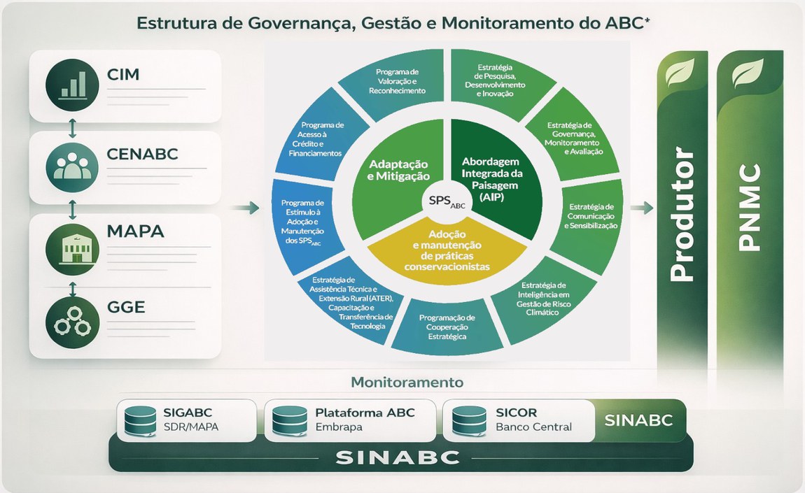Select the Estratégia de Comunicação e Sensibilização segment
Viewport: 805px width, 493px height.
591,216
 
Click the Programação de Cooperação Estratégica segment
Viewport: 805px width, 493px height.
447,327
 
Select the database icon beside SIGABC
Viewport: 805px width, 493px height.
139,420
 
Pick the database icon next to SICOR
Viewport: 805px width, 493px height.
468,420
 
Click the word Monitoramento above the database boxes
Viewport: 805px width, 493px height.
407,383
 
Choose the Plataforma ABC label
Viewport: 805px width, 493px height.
365,413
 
